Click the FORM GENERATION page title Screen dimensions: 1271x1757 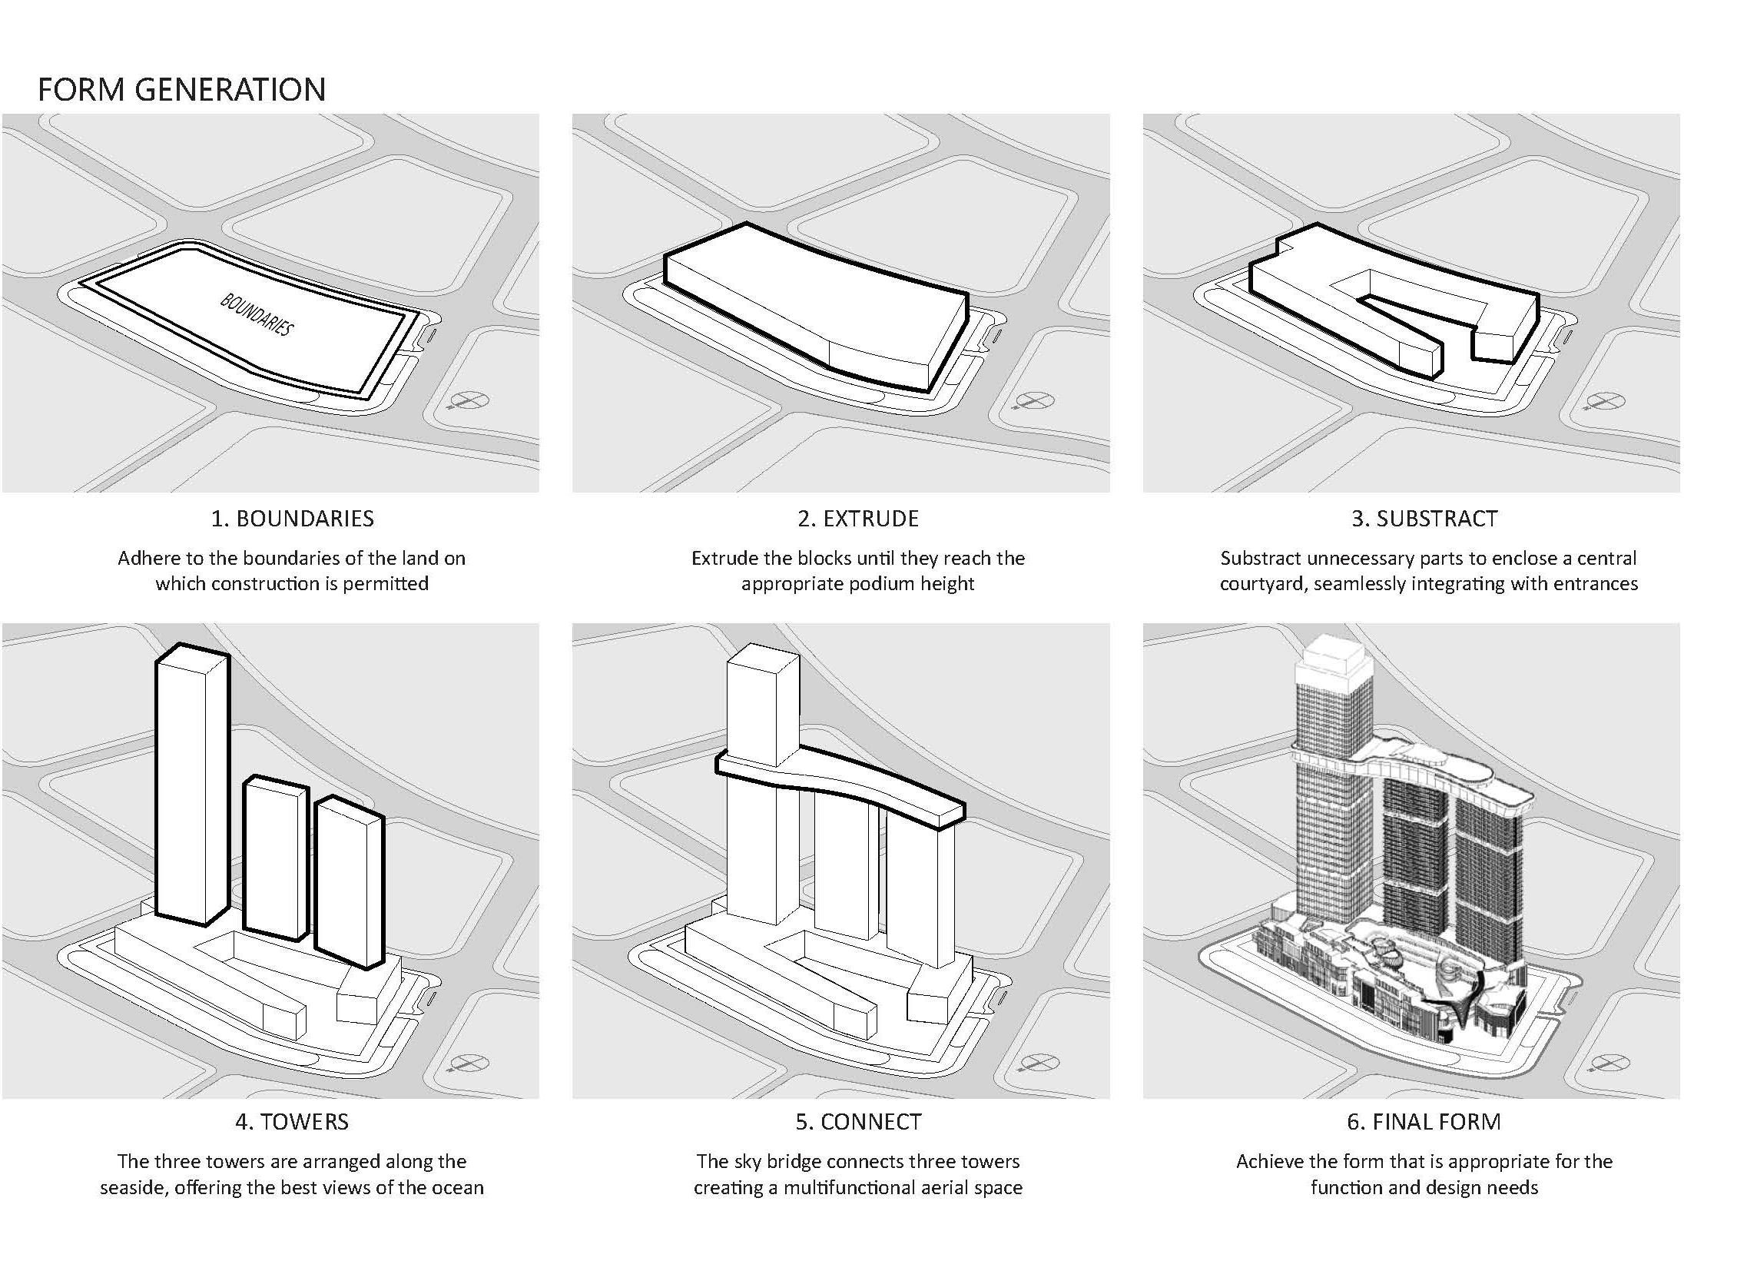click(x=181, y=89)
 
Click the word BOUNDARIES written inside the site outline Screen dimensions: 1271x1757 click(x=257, y=314)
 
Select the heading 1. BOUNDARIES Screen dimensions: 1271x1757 click(x=292, y=519)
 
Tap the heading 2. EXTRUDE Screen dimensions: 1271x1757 click(x=857, y=519)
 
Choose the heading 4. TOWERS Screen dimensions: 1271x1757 click(x=292, y=1121)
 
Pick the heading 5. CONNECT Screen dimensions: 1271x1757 click(x=857, y=1121)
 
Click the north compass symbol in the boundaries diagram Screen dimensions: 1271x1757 click(x=469, y=400)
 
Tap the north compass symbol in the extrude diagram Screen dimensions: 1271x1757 click(x=1034, y=400)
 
